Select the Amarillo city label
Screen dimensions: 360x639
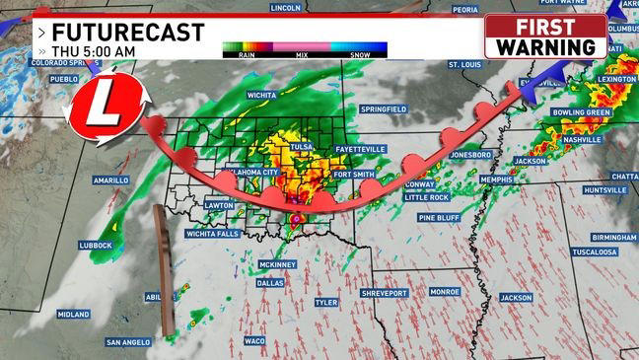[111, 180]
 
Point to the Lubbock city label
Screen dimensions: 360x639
[97, 245]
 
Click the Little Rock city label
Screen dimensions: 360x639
[426, 197]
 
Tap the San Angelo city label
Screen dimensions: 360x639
[129, 342]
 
